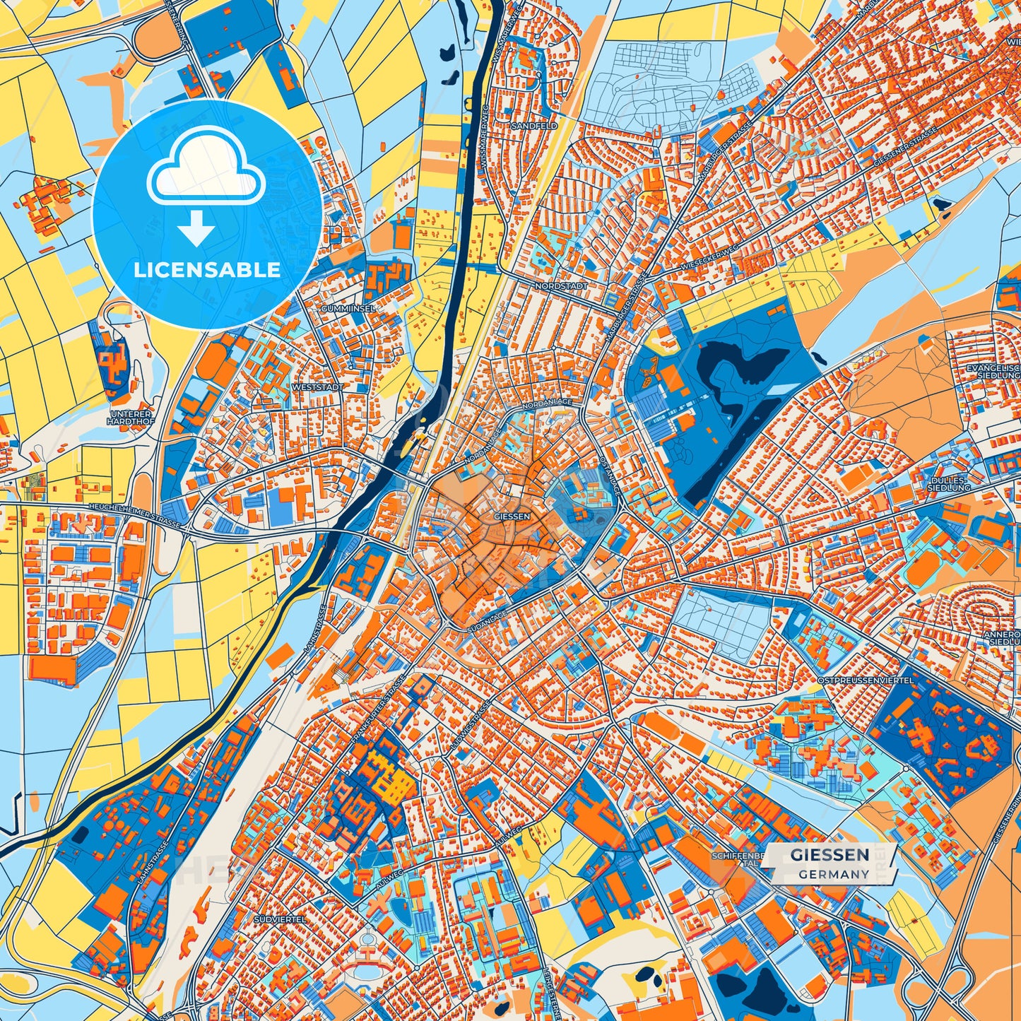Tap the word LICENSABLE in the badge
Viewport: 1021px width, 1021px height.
pos(207,270)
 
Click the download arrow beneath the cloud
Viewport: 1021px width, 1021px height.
pos(196,228)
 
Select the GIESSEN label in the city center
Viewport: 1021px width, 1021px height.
pos(512,517)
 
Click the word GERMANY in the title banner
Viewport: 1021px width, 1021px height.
pos(834,874)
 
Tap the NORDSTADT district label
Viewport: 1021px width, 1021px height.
pos(562,286)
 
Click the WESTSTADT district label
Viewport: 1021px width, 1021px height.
pos(317,388)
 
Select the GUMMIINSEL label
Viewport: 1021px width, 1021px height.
pos(348,309)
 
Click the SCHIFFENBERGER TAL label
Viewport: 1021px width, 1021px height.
pos(738,859)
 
